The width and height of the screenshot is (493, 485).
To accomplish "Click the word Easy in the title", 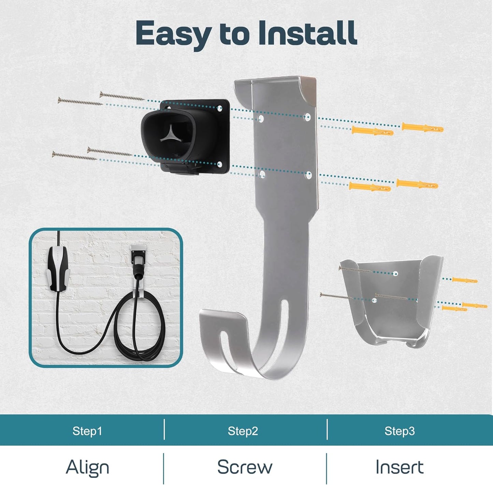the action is [x=173, y=34].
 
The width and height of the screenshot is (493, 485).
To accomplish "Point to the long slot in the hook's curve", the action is [x=280, y=333].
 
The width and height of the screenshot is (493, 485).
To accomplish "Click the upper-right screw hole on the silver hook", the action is [x=307, y=117].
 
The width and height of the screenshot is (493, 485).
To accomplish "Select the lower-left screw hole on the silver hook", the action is [x=262, y=174].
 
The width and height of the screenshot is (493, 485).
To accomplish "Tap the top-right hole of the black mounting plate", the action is [x=219, y=108].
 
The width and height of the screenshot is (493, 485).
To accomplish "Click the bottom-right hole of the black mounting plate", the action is [x=219, y=164].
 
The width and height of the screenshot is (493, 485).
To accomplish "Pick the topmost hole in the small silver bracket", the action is [x=395, y=274].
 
